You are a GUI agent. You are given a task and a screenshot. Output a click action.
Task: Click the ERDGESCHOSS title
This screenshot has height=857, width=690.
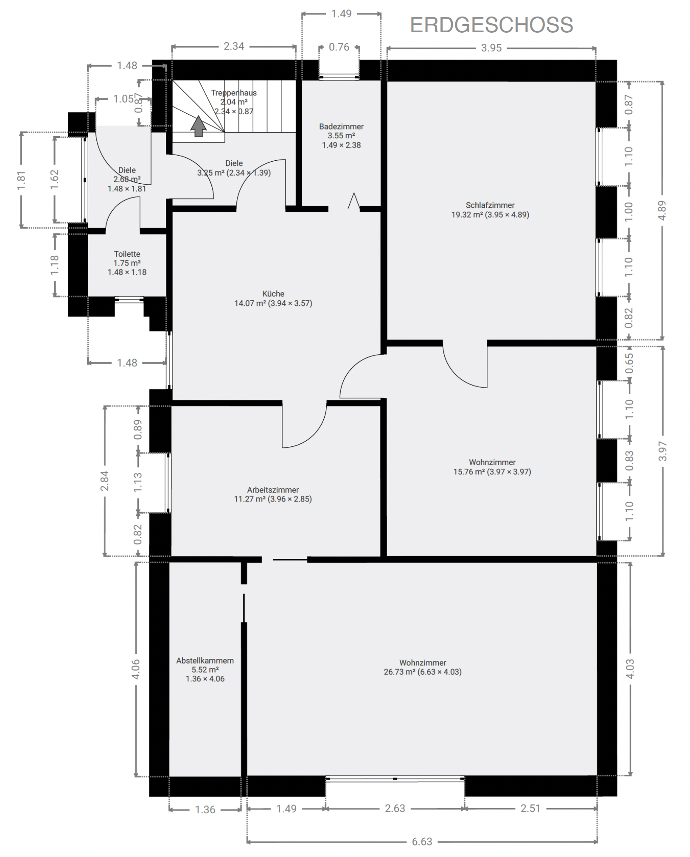[x=491, y=25]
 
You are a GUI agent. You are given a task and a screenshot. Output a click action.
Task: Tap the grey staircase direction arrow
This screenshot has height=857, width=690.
[x=198, y=126]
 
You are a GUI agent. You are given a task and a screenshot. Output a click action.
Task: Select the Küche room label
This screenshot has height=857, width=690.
[x=273, y=294]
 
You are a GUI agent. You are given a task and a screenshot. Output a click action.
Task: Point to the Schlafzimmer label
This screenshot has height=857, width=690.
[x=490, y=205]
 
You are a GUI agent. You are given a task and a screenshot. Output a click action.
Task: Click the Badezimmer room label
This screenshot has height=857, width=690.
[x=341, y=126]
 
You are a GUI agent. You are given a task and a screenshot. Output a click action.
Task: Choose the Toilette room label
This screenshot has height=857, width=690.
[x=127, y=254]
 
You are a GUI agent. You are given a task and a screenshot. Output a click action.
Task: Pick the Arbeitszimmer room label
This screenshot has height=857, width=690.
[x=273, y=490]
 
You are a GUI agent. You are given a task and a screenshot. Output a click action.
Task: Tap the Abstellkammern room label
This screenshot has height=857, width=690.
[x=205, y=660]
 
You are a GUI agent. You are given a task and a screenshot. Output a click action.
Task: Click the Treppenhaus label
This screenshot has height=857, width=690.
[x=234, y=93]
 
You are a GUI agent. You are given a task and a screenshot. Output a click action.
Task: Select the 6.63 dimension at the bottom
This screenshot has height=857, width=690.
[x=422, y=841]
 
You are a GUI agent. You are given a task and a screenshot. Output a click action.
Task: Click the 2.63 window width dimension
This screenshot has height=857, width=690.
[x=395, y=808]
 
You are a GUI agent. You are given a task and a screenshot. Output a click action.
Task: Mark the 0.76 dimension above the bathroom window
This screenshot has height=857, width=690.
[x=339, y=47]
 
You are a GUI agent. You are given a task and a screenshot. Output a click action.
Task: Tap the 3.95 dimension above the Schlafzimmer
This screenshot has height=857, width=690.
[x=491, y=48]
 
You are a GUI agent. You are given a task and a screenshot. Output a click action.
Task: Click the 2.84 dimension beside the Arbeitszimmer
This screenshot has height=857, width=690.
[x=104, y=481]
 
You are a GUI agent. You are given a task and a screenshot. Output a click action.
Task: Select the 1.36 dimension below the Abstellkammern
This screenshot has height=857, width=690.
[x=205, y=809]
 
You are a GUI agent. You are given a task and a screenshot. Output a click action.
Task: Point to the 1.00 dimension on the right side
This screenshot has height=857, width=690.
[x=629, y=211]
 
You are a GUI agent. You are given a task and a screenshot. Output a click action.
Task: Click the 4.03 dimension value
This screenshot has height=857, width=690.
[x=630, y=669]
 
